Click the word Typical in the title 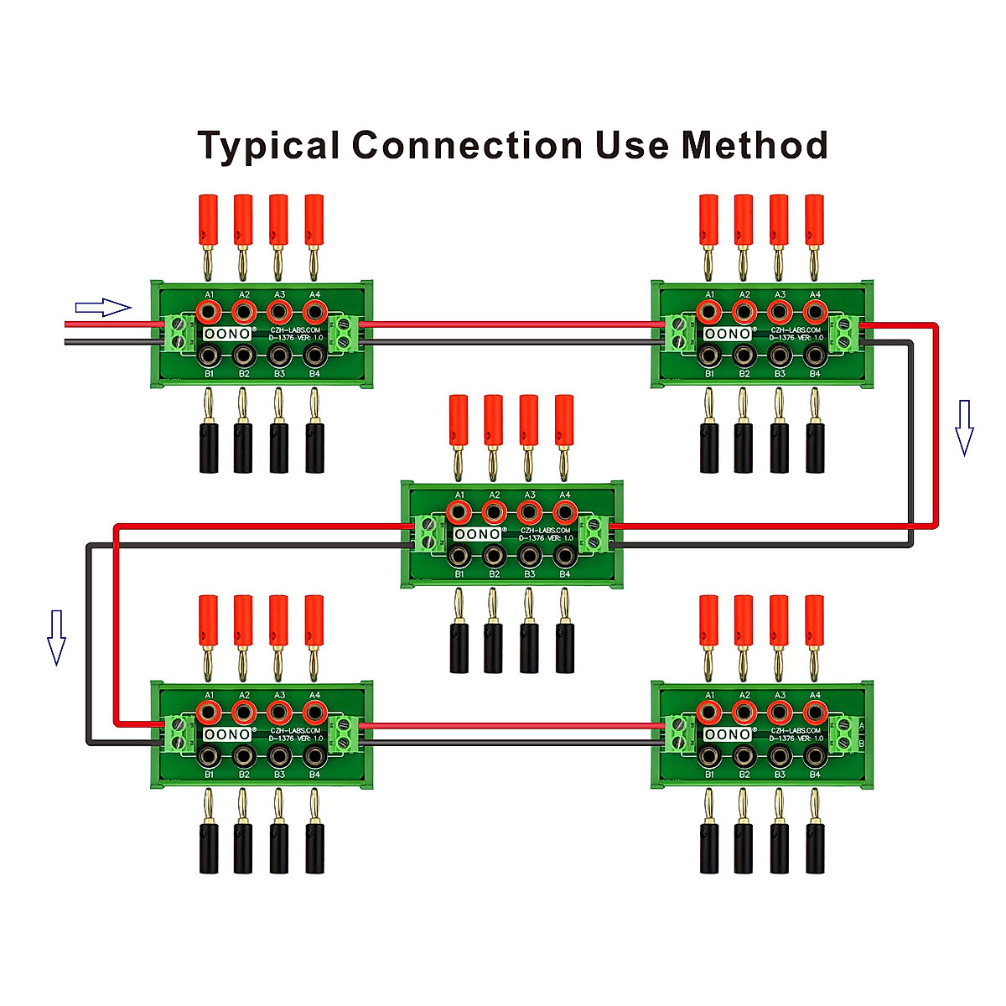click(x=269, y=146)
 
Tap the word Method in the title click(x=754, y=145)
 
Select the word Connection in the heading click(x=467, y=145)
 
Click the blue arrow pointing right click(x=103, y=308)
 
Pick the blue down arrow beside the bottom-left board click(x=56, y=638)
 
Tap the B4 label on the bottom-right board click(x=815, y=775)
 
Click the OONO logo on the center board click(x=478, y=534)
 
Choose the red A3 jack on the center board click(x=529, y=511)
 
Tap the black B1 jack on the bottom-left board click(x=208, y=756)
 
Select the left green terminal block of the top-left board click(x=176, y=332)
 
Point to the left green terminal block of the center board click(x=428, y=533)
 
